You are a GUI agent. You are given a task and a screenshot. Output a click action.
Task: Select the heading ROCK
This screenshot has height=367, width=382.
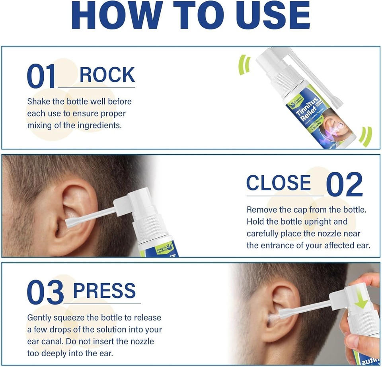point(107,75)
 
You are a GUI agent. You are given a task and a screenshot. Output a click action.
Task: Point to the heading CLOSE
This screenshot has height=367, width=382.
point(279,183)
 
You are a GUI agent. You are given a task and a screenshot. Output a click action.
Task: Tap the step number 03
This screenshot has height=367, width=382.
point(45,293)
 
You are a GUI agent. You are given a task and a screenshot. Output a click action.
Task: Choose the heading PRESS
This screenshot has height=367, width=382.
point(104,291)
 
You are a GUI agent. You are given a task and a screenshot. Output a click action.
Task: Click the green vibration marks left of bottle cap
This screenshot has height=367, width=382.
point(244,65)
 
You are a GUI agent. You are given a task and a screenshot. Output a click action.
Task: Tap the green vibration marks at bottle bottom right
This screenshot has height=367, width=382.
point(365,136)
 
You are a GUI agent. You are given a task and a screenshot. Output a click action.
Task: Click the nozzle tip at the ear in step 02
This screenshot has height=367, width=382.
point(69,224)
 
